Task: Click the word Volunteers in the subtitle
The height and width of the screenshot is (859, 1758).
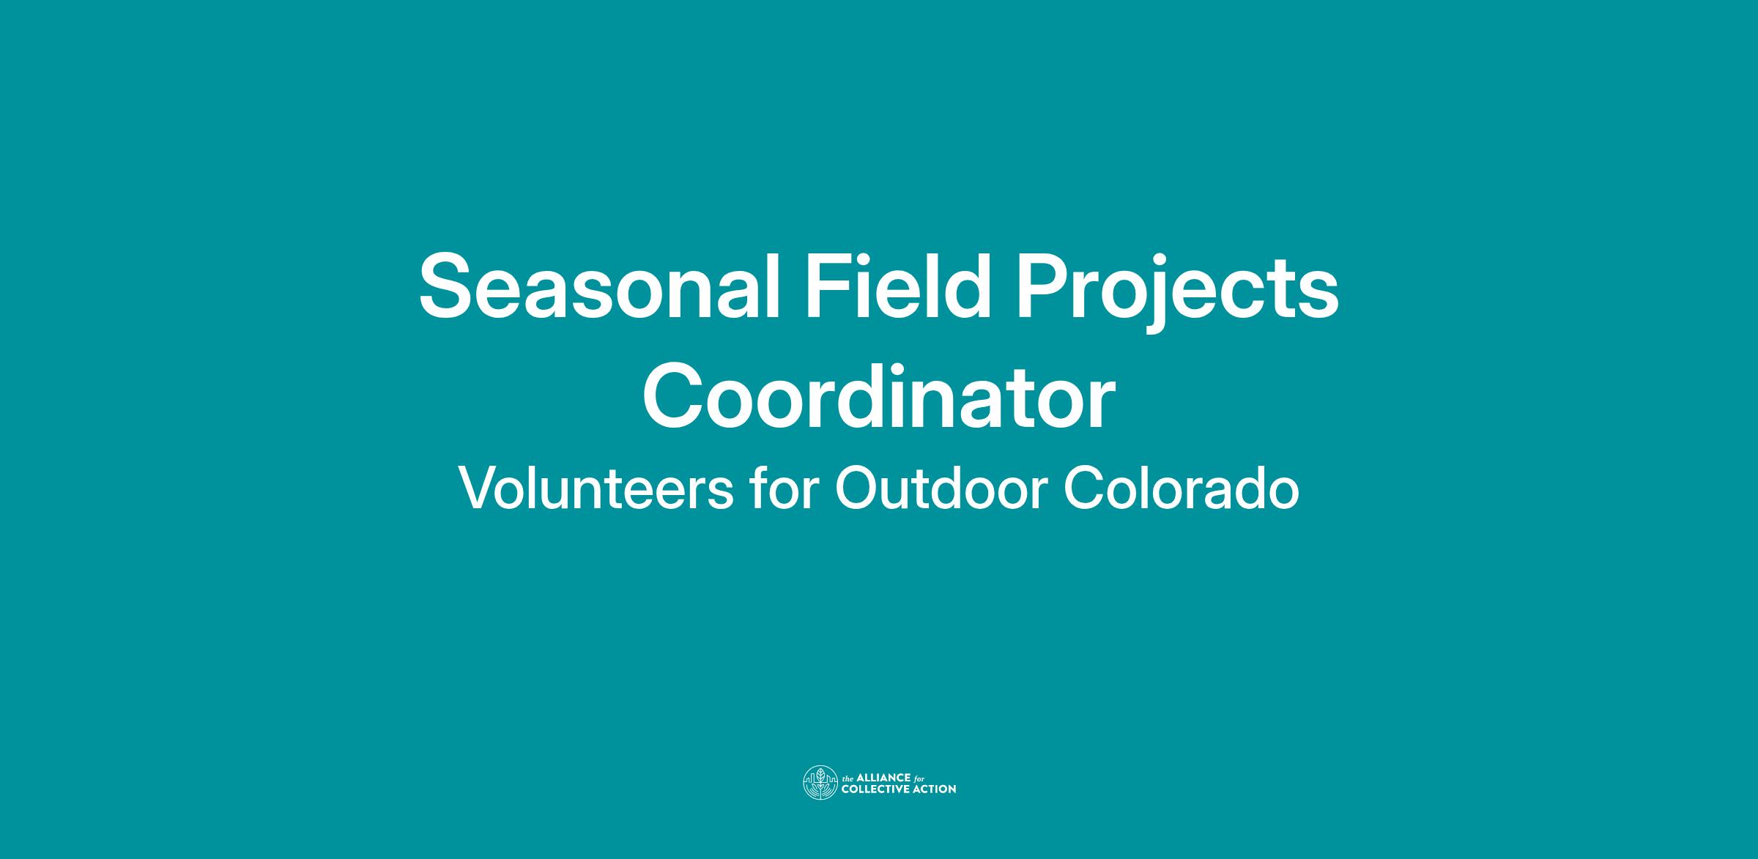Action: point(596,488)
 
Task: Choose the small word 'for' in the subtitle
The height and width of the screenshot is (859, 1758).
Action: point(785,488)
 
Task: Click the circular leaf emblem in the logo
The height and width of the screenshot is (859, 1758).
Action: point(820,782)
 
